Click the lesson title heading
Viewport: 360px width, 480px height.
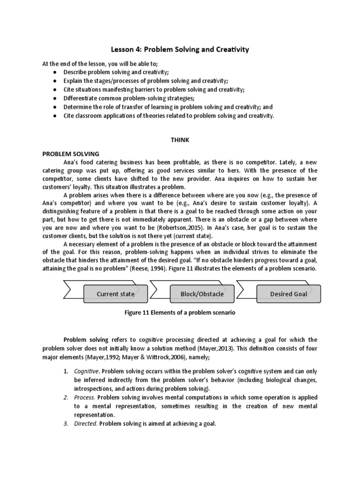pyautogui.click(x=180, y=49)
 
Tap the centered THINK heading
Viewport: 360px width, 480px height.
pyautogui.click(x=180, y=140)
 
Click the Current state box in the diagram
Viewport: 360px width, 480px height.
pyautogui.click(x=115, y=294)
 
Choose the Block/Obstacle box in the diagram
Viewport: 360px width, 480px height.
pyautogui.click(x=202, y=294)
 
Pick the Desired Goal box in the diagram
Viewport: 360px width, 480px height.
pyautogui.click(x=289, y=294)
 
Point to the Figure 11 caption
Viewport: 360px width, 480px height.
pyautogui.click(x=180, y=313)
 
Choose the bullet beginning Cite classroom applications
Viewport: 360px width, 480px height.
pyautogui.click(x=169, y=116)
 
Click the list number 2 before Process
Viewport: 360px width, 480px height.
pyautogui.click(x=65, y=397)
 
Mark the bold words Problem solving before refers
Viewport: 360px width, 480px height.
pyautogui.click(x=86, y=339)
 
